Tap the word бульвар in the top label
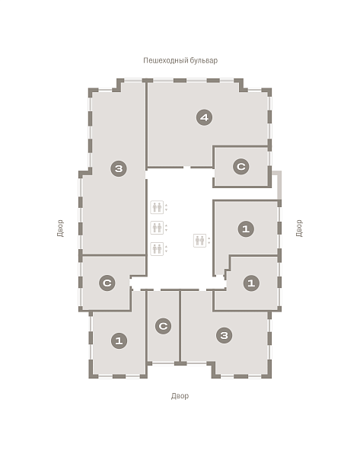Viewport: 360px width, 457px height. click(204, 60)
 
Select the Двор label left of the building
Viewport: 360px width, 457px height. click(60, 228)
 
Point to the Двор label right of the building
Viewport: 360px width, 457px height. click(299, 228)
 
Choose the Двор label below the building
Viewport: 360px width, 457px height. click(180, 396)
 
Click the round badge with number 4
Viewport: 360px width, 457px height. click(204, 117)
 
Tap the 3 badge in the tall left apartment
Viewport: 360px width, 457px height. click(119, 168)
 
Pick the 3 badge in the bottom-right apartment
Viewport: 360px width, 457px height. click(225, 335)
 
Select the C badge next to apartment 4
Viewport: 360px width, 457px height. click(241, 167)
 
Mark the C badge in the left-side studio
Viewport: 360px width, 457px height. click(107, 283)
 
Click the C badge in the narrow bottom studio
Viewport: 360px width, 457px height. click(163, 326)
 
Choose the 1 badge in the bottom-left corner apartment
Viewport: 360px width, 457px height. click(119, 340)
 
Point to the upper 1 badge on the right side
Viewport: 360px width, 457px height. click(246, 228)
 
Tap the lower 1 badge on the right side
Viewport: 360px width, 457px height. click(251, 283)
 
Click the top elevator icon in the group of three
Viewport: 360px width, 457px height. click(157, 207)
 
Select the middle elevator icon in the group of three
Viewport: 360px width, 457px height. click(157, 228)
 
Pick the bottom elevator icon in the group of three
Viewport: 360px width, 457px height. click(157, 249)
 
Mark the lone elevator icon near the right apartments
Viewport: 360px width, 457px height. click(200, 241)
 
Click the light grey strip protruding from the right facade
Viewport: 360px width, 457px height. click(279, 185)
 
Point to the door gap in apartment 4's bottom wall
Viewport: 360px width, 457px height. click(187, 168)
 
